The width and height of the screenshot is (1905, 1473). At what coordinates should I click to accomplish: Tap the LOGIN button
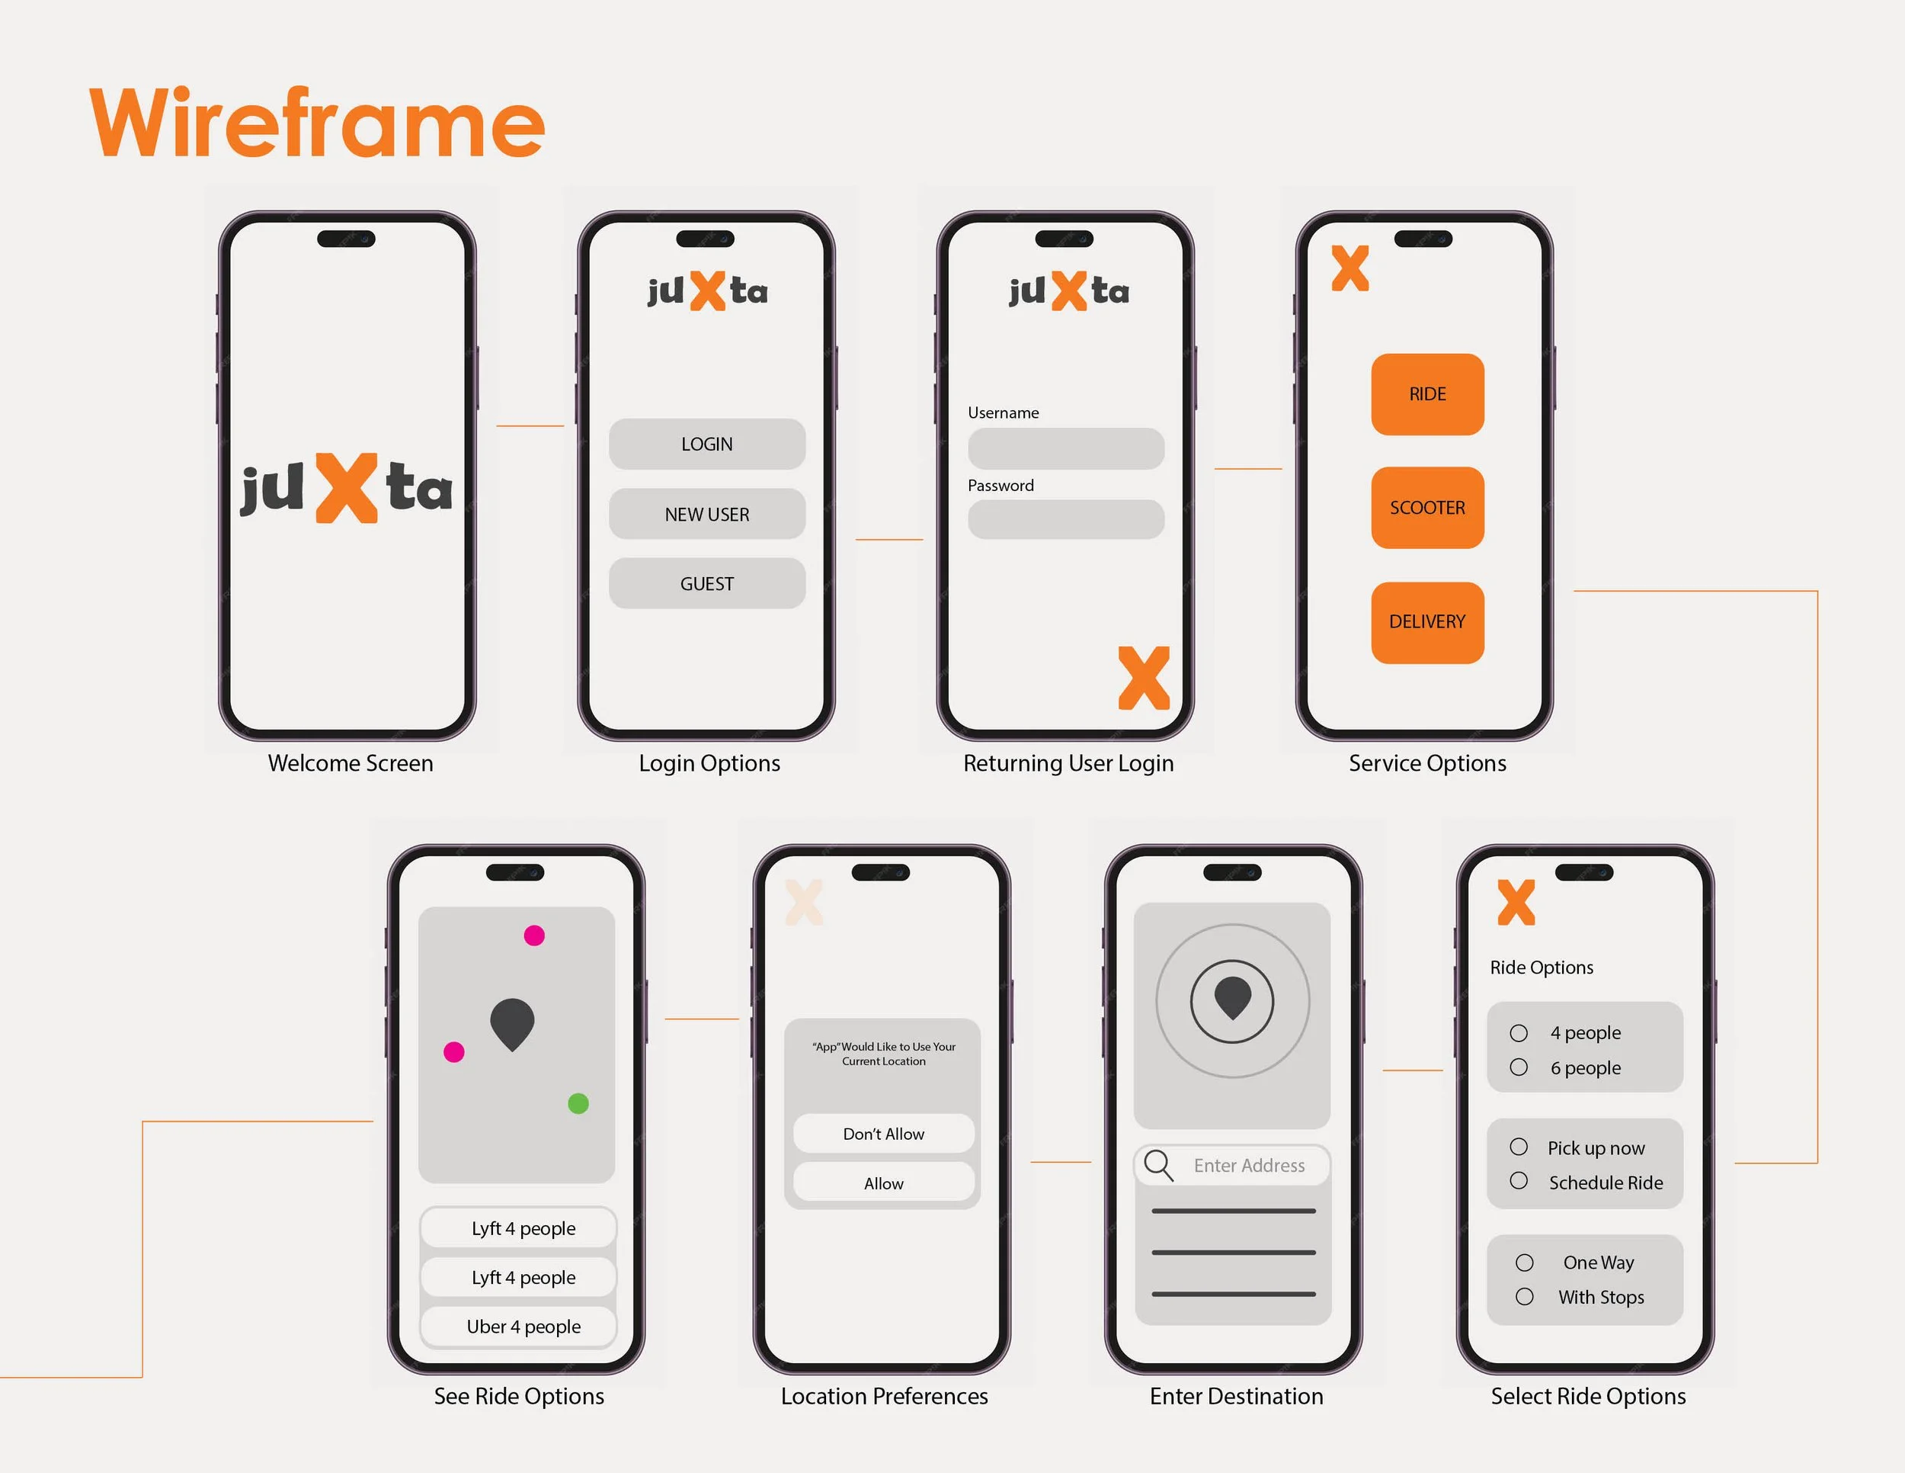tap(706, 444)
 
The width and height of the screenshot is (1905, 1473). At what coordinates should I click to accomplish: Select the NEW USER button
tap(706, 514)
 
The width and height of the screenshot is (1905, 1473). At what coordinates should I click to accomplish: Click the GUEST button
tap(706, 584)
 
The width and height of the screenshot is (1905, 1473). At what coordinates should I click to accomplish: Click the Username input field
tap(1066, 448)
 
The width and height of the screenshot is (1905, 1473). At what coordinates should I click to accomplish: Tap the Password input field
tap(1066, 519)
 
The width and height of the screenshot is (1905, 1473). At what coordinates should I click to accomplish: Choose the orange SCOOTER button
tap(1427, 508)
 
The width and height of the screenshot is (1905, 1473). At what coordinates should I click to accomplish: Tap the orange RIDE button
tap(1427, 394)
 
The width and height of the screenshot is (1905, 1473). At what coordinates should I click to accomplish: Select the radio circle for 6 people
tap(1519, 1067)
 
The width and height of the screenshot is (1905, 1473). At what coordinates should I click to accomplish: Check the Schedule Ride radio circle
tap(1519, 1181)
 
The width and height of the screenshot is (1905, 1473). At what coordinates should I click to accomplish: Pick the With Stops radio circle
tap(1525, 1297)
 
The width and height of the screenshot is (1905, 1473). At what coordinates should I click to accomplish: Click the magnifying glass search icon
tap(1158, 1165)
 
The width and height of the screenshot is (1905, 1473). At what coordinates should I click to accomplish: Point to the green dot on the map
tap(578, 1104)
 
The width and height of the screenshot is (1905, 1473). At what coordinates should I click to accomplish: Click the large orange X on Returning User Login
tap(1144, 678)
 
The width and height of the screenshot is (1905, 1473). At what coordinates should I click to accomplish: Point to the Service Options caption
tap(1427, 763)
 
